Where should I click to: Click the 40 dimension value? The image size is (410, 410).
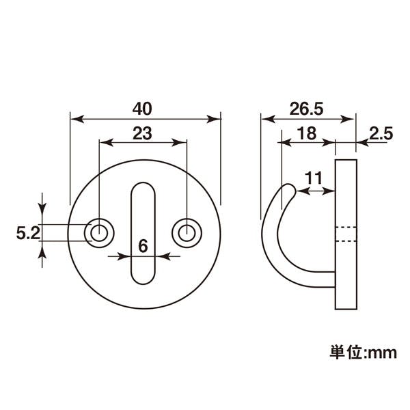click(142, 109)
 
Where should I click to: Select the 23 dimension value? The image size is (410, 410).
click(142, 133)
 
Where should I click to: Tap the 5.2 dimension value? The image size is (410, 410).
click(28, 233)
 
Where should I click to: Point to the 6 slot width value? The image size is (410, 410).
click(143, 246)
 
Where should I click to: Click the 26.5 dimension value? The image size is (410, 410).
click(306, 109)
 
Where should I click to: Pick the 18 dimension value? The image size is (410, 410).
click(307, 133)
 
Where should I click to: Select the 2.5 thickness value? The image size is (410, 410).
click(381, 133)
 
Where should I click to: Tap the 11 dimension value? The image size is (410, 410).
click(313, 178)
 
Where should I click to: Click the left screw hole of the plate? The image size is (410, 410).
click(99, 233)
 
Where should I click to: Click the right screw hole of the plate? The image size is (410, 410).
click(187, 233)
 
